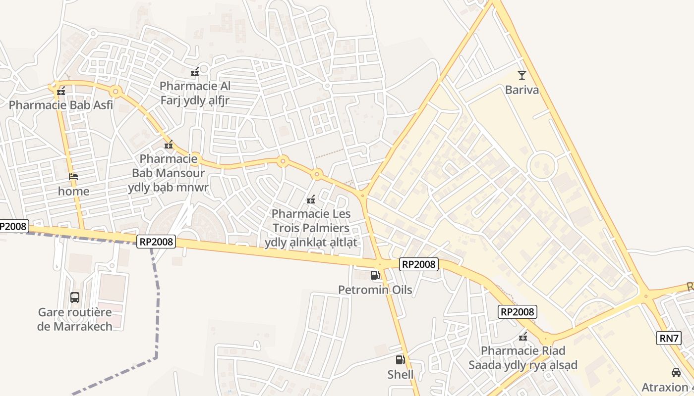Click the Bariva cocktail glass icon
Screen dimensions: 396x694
point(521,75)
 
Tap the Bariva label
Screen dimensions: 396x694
point(521,90)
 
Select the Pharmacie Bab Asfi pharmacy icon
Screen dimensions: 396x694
point(61,91)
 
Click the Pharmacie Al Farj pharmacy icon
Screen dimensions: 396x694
point(195,72)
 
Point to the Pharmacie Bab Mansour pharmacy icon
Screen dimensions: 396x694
point(169,145)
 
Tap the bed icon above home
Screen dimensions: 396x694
point(73,177)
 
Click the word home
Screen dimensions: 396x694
point(74,191)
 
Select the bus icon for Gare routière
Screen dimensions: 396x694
point(74,297)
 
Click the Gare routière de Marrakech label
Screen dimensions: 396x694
point(75,319)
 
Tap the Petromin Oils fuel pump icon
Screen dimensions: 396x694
point(375,275)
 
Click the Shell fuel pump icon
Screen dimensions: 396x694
point(400,360)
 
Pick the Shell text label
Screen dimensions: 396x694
point(401,374)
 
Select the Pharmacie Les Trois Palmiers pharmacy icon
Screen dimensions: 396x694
point(311,200)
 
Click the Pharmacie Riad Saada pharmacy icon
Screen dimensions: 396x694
point(522,337)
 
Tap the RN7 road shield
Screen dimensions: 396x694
point(669,338)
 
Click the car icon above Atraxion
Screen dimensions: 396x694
point(676,372)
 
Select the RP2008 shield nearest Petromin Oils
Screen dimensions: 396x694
point(419,264)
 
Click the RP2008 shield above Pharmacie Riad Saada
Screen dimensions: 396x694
point(517,312)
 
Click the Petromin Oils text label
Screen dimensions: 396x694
point(375,290)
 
